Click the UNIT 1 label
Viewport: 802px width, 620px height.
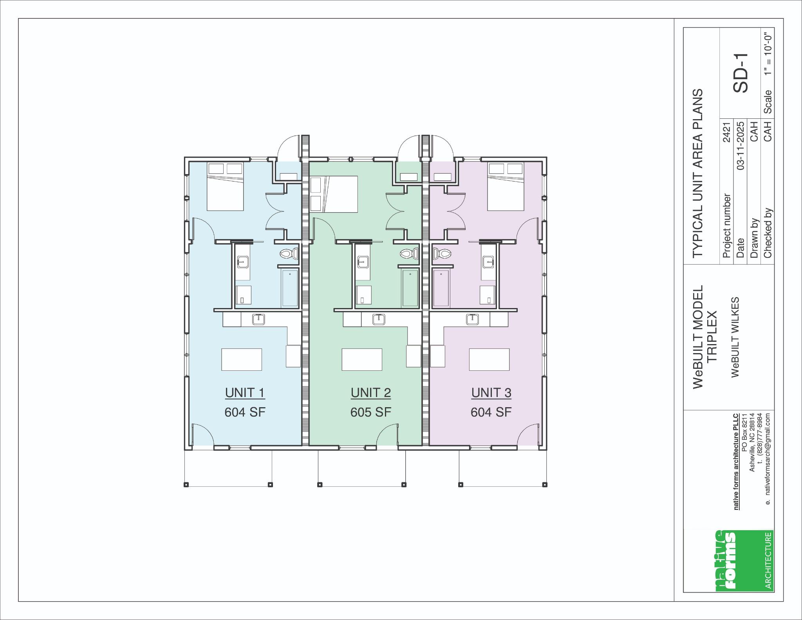point(245,393)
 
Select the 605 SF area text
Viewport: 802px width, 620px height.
point(371,412)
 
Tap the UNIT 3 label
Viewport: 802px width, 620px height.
point(491,393)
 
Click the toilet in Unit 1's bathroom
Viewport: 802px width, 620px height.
point(289,254)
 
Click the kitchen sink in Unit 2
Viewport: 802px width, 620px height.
point(378,319)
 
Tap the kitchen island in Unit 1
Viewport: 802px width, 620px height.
point(242,359)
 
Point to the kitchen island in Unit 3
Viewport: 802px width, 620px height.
point(490,359)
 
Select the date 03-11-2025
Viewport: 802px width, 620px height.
point(741,145)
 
